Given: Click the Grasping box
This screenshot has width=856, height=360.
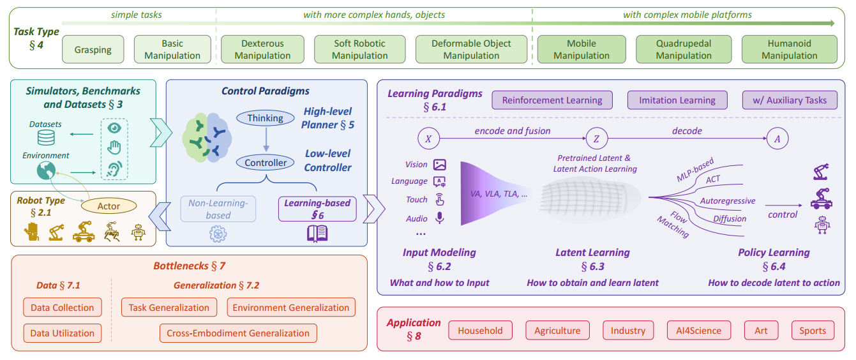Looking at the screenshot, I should pyautogui.click(x=93, y=50).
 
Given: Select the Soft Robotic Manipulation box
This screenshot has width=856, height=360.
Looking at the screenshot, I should pyautogui.click(x=359, y=50).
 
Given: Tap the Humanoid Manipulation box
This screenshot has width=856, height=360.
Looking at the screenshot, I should pyautogui.click(x=789, y=50).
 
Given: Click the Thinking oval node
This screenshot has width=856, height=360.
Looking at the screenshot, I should pyautogui.click(x=265, y=118).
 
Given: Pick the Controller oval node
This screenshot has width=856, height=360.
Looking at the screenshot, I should pyautogui.click(x=266, y=163).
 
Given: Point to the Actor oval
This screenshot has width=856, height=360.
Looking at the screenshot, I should pyautogui.click(x=109, y=206).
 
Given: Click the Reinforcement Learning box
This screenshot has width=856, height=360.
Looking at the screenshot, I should pyautogui.click(x=552, y=100).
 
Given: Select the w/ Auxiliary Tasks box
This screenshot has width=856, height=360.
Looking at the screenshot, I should pyautogui.click(x=789, y=100).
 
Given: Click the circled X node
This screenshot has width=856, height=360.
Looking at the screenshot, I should pyautogui.click(x=428, y=138).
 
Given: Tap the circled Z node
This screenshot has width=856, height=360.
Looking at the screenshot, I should pyautogui.click(x=596, y=138).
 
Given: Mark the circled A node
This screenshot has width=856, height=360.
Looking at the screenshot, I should pyautogui.click(x=776, y=138).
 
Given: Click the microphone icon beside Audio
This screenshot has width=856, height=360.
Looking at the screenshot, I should pyautogui.click(x=439, y=218).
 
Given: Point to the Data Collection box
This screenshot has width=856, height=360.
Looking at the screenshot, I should pyautogui.click(x=62, y=308).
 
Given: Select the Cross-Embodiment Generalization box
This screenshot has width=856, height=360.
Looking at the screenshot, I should pyautogui.click(x=238, y=333).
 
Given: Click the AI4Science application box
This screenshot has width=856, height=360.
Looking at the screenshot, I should pyautogui.click(x=694, y=331).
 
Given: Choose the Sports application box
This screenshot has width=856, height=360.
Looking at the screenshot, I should pyautogui.click(x=812, y=331).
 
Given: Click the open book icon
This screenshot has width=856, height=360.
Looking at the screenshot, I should pyautogui.click(x=317, y=234).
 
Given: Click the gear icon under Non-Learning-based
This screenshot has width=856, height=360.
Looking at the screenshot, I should pyautogui.click(x=218, y=234).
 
